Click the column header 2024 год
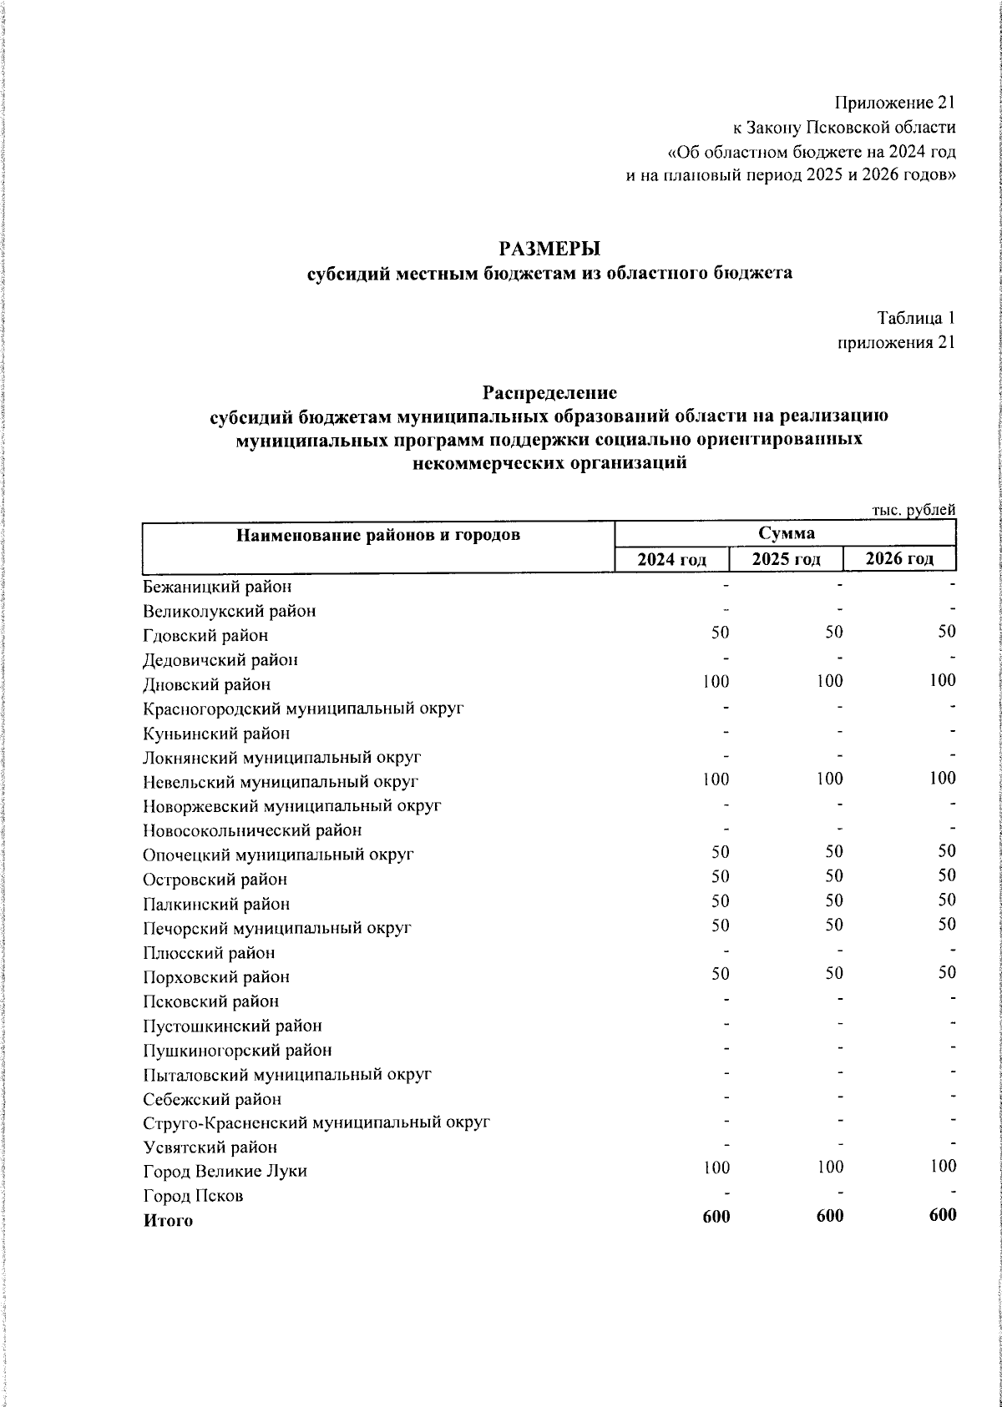point(671,558)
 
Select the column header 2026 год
point(899,558)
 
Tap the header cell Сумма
point(786,533)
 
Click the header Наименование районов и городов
point(377,534)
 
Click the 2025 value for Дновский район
point(830,681)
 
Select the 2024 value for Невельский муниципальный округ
point(716,779)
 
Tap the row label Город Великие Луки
point(225,1171)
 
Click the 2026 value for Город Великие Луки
point(943,1166)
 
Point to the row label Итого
point(168,1221)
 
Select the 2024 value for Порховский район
point(720,973)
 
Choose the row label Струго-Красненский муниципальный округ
point(316,1122)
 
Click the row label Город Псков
point(193,1196)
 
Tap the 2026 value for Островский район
point(946,875)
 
